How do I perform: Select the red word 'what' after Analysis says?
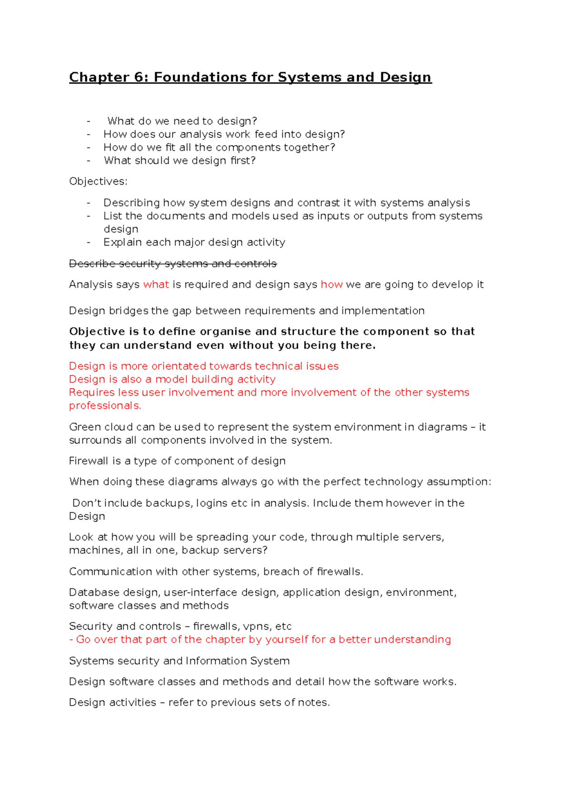pyautogui.click(x=156, y=285)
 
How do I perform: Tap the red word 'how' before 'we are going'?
pyautogui.click(x=331, y=285)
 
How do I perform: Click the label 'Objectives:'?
pyautogui.click(x=98, y=182)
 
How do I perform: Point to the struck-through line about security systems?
pyautogui.click(x=173, y=264)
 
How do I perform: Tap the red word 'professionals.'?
pyautogui.click(x=105, y=406)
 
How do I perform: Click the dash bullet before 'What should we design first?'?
pyautogui.click(x=89, y=161)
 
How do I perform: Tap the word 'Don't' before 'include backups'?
pyautogui.click(x=87, y=503)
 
